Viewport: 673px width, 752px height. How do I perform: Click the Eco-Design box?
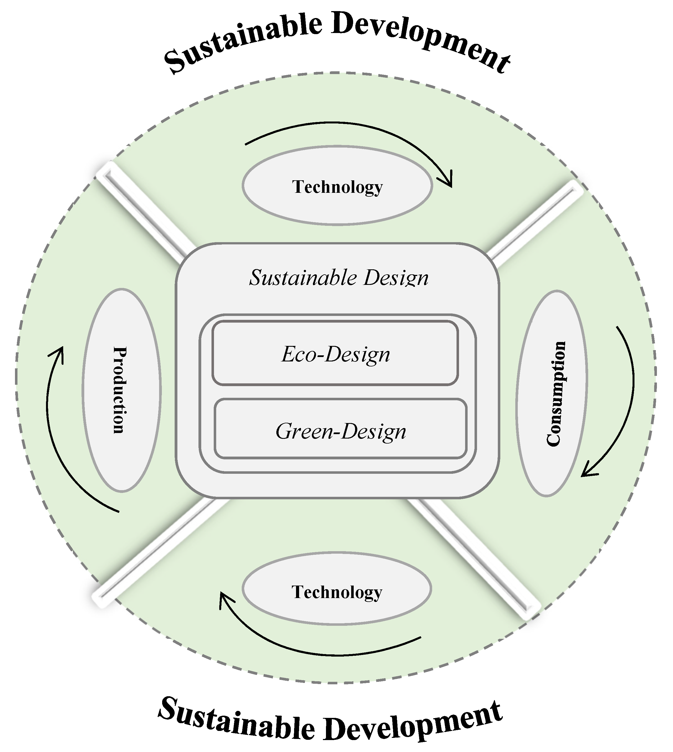point(335,354)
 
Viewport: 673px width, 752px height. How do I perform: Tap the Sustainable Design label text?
point(338,278)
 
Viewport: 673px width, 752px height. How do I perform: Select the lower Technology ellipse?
point(336,591)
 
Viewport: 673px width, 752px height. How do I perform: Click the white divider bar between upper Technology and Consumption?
point(536,222)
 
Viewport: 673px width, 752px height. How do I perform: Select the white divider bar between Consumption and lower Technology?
point(477,555)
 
